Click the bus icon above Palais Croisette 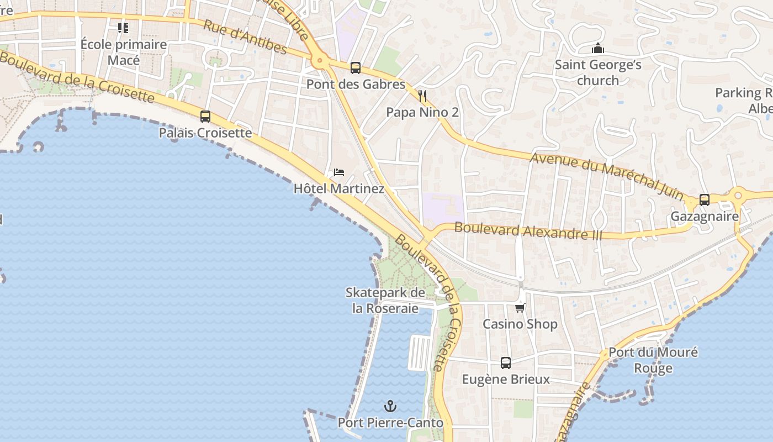[x=205, y=117]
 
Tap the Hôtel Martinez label [x=338, y=188]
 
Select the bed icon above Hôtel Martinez [x=339, y=172]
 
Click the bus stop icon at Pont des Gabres [x=356, y=68]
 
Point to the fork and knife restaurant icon [x=422, y=96]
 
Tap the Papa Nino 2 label [x=422, y=112]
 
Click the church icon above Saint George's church [x=597, y=49]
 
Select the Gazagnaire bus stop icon [x=705, y=200]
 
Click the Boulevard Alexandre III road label [x=528, y=230]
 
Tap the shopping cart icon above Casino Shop [x=520, y=308]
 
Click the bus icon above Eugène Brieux [x=506, y=363]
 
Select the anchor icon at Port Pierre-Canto [x=390, y=407]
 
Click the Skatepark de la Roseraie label [x=385, y=301]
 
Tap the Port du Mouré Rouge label [x=653, y=360]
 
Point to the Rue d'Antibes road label [x=245, y=37]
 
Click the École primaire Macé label [x=124, y=52]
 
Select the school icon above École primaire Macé [x=123, y=28]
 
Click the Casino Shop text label [x=520, y=324]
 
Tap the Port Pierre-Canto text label [x=390, y=423]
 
